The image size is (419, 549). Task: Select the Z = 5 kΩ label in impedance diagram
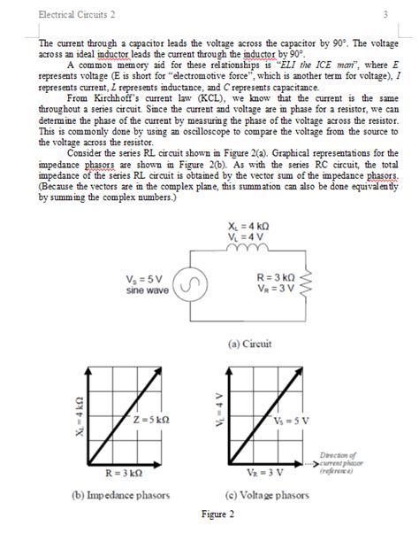point(150,419)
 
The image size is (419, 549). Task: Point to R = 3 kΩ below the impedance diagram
point(123,473)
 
